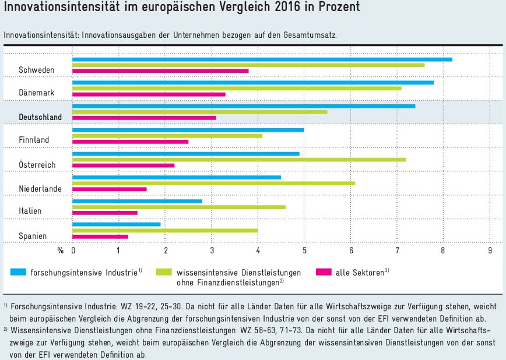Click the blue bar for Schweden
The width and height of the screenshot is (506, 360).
(262, 59)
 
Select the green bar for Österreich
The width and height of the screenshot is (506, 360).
(239, 159)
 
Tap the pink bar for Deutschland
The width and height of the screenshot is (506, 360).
(144, 118)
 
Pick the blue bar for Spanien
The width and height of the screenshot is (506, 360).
(116, 224)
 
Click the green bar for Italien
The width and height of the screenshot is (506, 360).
(179, 207)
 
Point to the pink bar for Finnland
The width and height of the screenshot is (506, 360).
(130, 141)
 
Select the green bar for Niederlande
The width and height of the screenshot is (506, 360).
(213, 183)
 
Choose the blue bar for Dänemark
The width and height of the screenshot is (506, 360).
(252, 82)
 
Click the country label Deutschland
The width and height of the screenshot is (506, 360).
(40, 117)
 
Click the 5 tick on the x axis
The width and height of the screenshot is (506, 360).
(304, 250)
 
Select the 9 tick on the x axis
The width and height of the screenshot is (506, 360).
(490, 250)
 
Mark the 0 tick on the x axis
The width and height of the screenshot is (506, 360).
(73, 250)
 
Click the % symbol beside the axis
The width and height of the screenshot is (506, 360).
(59, 250)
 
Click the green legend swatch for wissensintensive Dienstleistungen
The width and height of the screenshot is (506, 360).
(163, 272)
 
